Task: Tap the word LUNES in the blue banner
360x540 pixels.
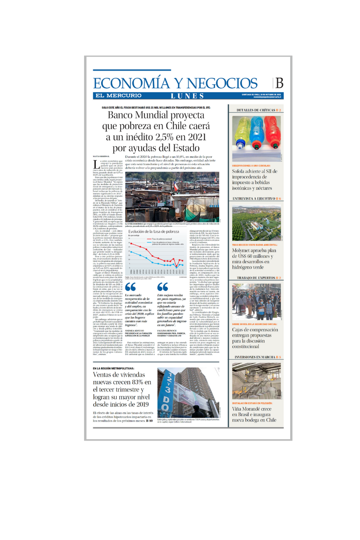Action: click(187, 96)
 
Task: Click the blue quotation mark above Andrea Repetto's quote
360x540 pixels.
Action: click(130, 287)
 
